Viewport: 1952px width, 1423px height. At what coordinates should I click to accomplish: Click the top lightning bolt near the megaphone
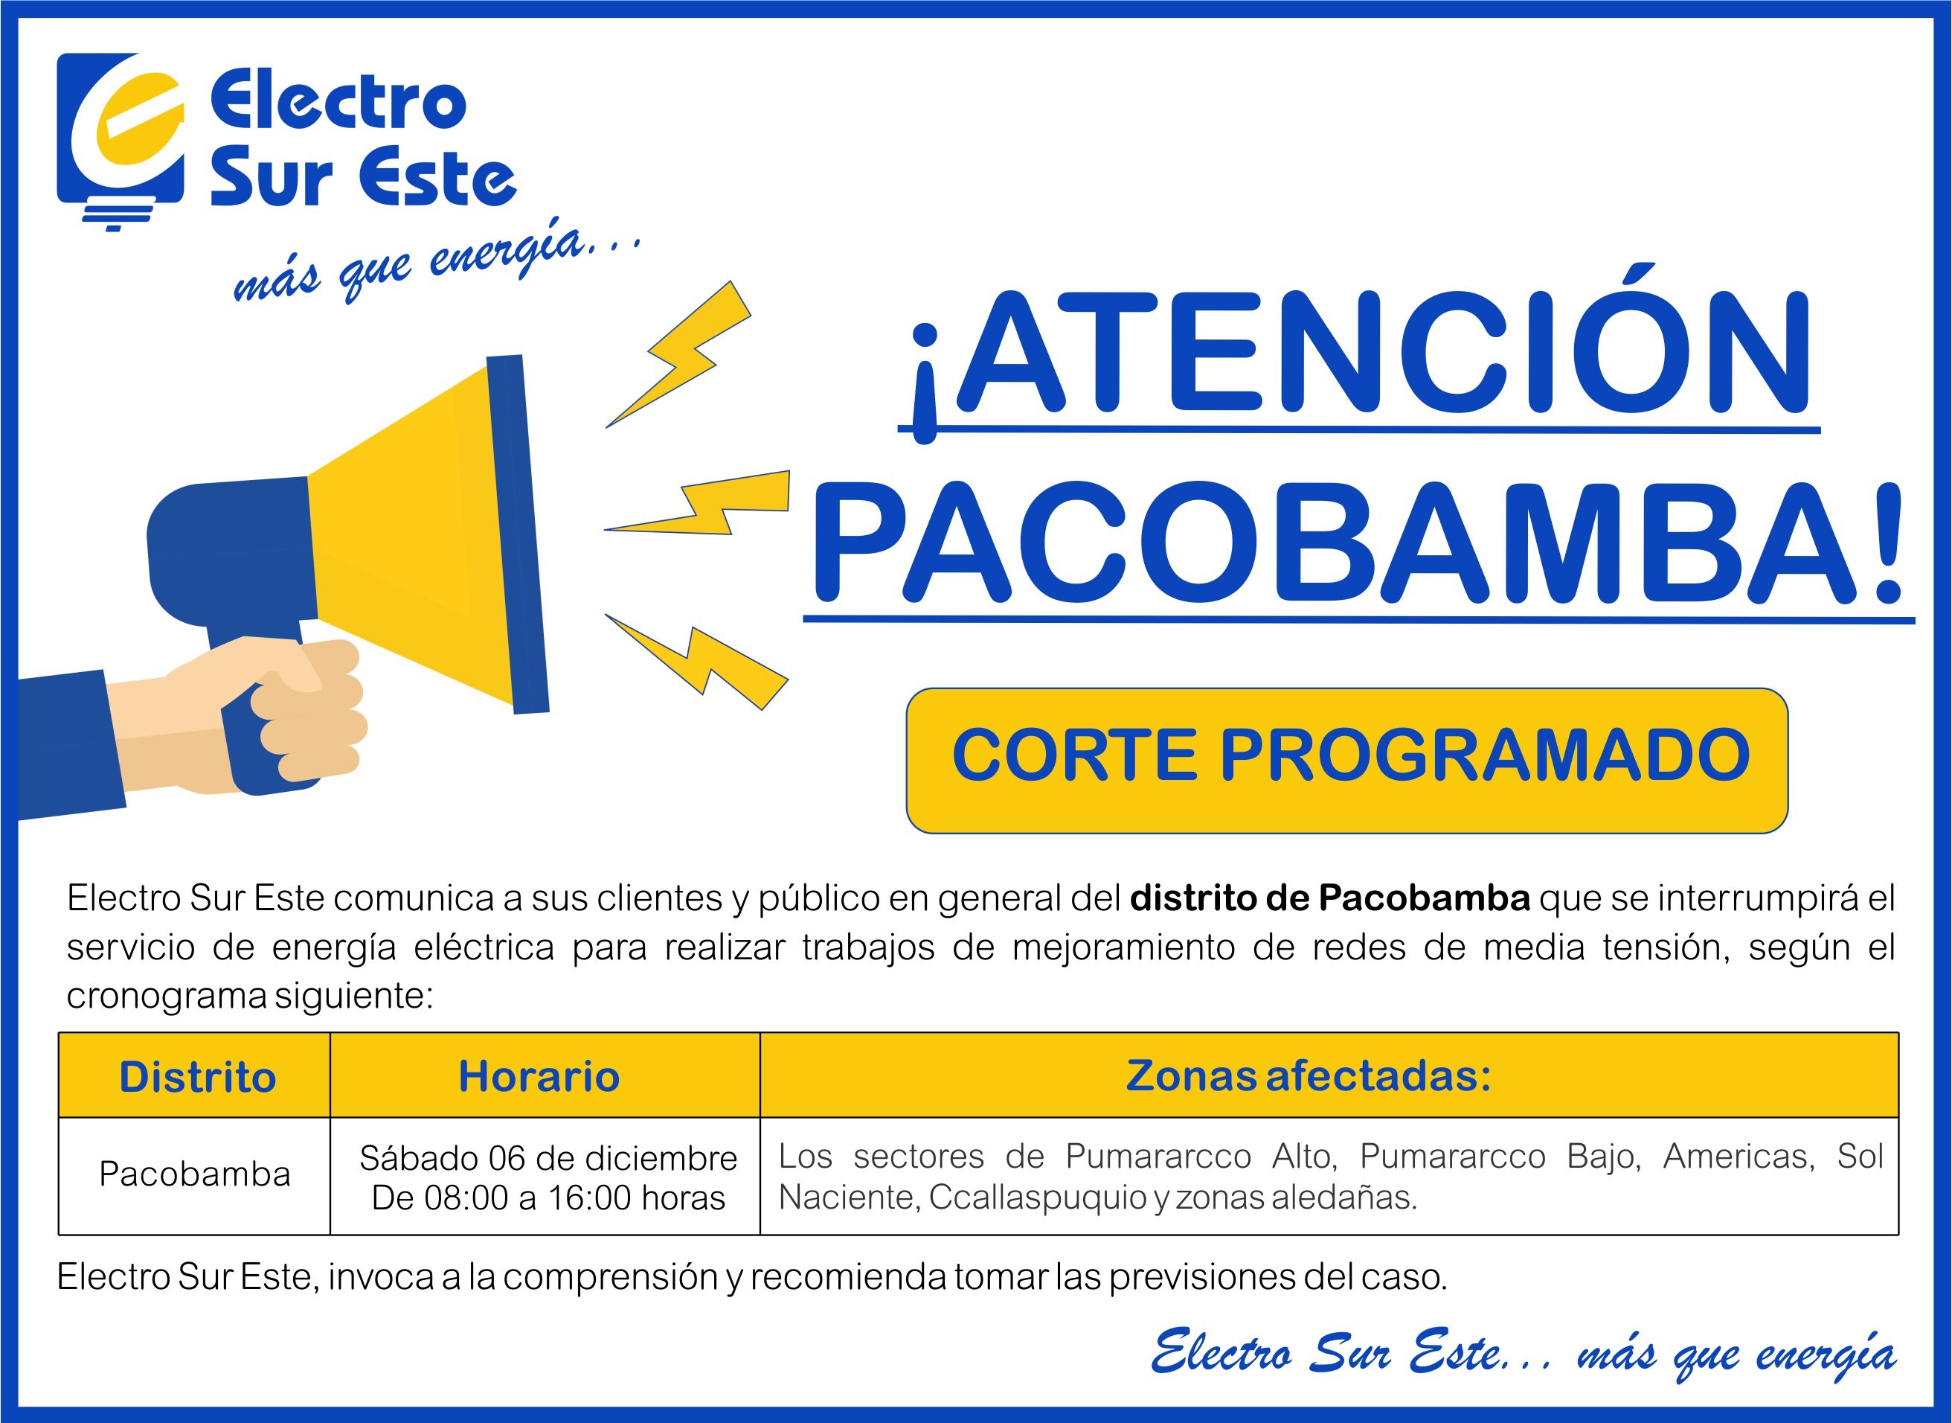pos(678,354)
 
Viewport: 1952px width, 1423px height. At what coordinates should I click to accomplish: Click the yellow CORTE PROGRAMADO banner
pos(1346,760)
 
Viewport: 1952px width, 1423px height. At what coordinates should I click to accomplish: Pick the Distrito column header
pos(197,1077)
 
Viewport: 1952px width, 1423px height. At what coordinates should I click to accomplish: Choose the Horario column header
pos(539,1077)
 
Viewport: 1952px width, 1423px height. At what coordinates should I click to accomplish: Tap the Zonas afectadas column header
pos(1309,1075)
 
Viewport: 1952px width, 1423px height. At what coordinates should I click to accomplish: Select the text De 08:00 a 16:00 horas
pos(548,1197)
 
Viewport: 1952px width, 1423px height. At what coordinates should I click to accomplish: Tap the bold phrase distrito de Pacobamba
pos(1330,898)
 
